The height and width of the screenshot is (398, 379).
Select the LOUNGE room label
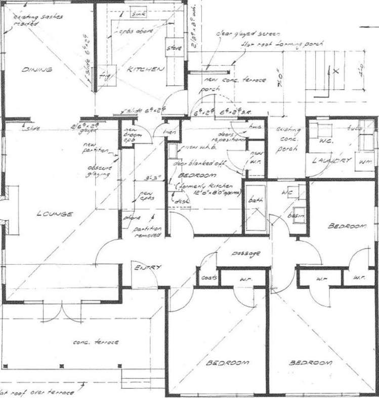point(55,214)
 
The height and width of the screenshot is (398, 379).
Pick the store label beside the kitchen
point(174,48)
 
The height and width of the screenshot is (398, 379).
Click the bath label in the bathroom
point(254,201)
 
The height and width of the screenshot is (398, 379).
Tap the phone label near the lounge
point(129,218)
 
